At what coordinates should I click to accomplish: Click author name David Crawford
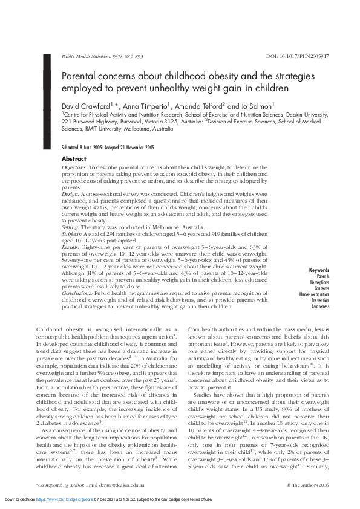coord(85,106)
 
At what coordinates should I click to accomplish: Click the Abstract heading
coord(74,158)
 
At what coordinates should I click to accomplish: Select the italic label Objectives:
coord(75,166)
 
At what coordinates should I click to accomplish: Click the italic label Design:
coord(72,193)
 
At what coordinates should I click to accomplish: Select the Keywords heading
coord(319,270)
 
